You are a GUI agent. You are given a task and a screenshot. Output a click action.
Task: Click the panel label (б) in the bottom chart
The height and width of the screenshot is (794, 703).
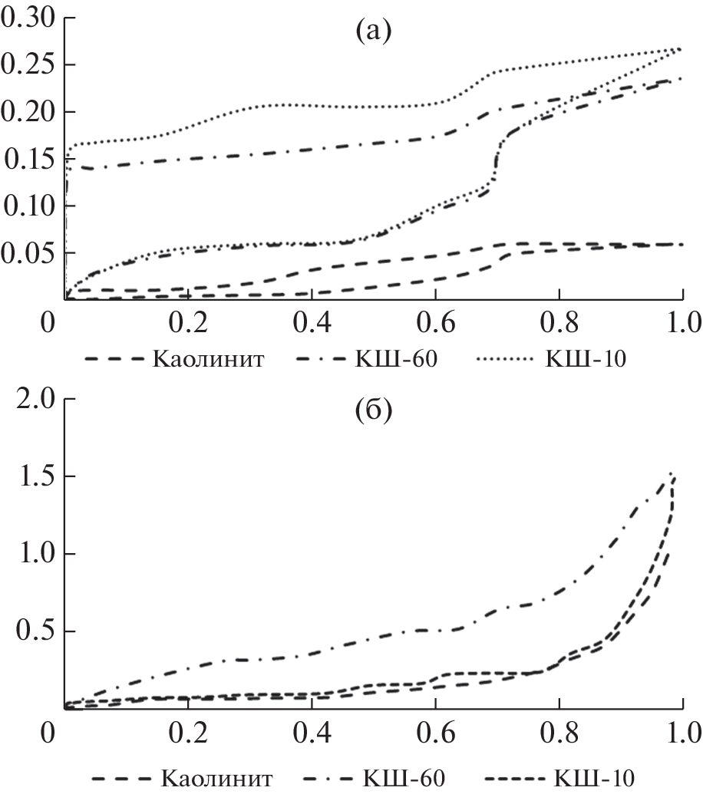click(x=373, y=412)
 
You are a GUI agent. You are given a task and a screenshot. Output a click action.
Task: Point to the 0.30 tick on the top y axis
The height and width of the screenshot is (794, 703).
click(x=28, y=18)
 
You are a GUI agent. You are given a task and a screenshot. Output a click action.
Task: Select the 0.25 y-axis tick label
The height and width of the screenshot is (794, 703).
click(x=28, y=65)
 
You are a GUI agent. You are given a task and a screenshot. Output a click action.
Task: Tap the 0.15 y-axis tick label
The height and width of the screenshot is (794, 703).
click(x=28, y=160)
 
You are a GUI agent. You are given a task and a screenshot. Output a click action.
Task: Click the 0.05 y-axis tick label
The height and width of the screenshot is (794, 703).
click(x=28, y=253)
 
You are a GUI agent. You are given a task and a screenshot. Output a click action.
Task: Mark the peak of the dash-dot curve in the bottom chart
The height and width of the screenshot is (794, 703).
click(x=671, y=473)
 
